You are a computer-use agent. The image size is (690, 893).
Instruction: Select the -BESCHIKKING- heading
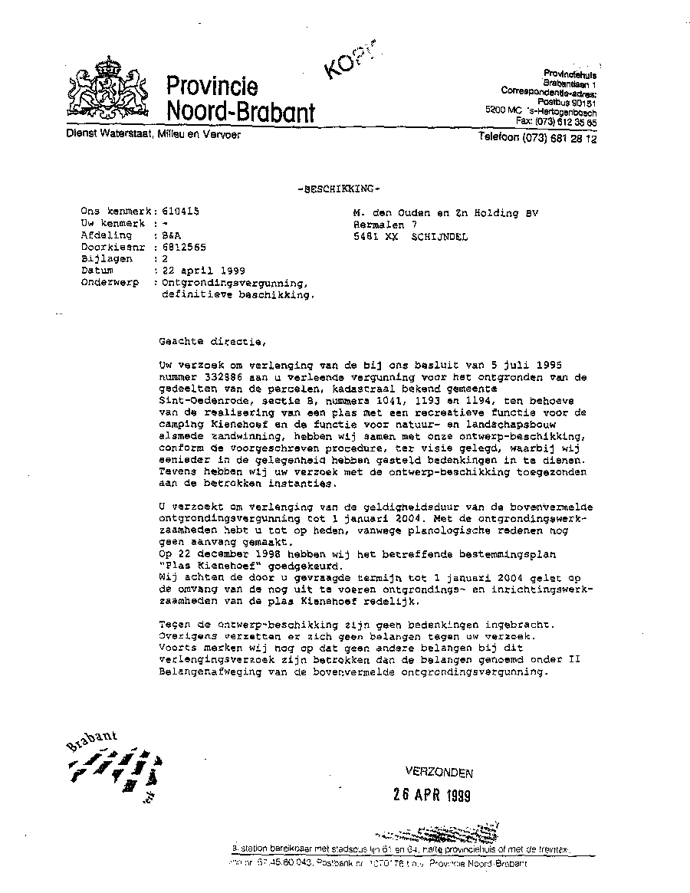coord(338,189)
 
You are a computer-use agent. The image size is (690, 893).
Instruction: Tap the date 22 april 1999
coord(194,271)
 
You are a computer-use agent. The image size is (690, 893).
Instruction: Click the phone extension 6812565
coord(180,247)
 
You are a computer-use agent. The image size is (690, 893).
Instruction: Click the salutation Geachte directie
coord(204,341)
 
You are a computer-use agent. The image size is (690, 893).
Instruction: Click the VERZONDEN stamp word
coord(439,773)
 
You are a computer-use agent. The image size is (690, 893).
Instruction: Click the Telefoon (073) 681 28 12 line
coord(537,139)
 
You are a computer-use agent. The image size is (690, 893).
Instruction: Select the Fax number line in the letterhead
coord(556,122)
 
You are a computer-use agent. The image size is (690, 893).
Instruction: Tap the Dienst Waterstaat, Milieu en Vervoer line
coord(153,135)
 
